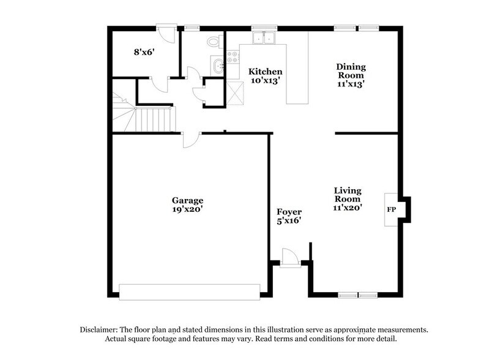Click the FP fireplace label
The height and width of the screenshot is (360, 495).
point(391,209)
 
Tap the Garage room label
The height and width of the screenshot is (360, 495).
point(187,200)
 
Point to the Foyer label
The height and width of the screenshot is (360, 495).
point(289,212)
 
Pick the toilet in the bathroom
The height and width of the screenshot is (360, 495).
point(214,42)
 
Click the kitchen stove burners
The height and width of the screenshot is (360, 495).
point(233,58)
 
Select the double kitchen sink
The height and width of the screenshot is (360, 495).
point(265,38)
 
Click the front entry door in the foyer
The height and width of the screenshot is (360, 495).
point(289,257)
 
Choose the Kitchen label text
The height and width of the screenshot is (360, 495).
point(264,72)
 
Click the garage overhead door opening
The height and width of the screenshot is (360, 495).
point(189,292)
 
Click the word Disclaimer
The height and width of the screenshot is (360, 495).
point(99,329)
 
